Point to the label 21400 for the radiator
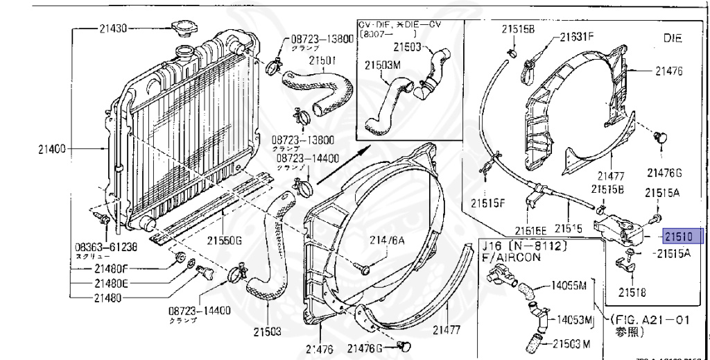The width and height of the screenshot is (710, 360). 52,148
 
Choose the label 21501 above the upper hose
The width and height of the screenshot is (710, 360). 322,60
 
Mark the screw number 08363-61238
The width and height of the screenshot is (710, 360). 106,246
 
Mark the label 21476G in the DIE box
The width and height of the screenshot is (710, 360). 664,172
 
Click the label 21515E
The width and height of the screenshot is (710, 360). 531,230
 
